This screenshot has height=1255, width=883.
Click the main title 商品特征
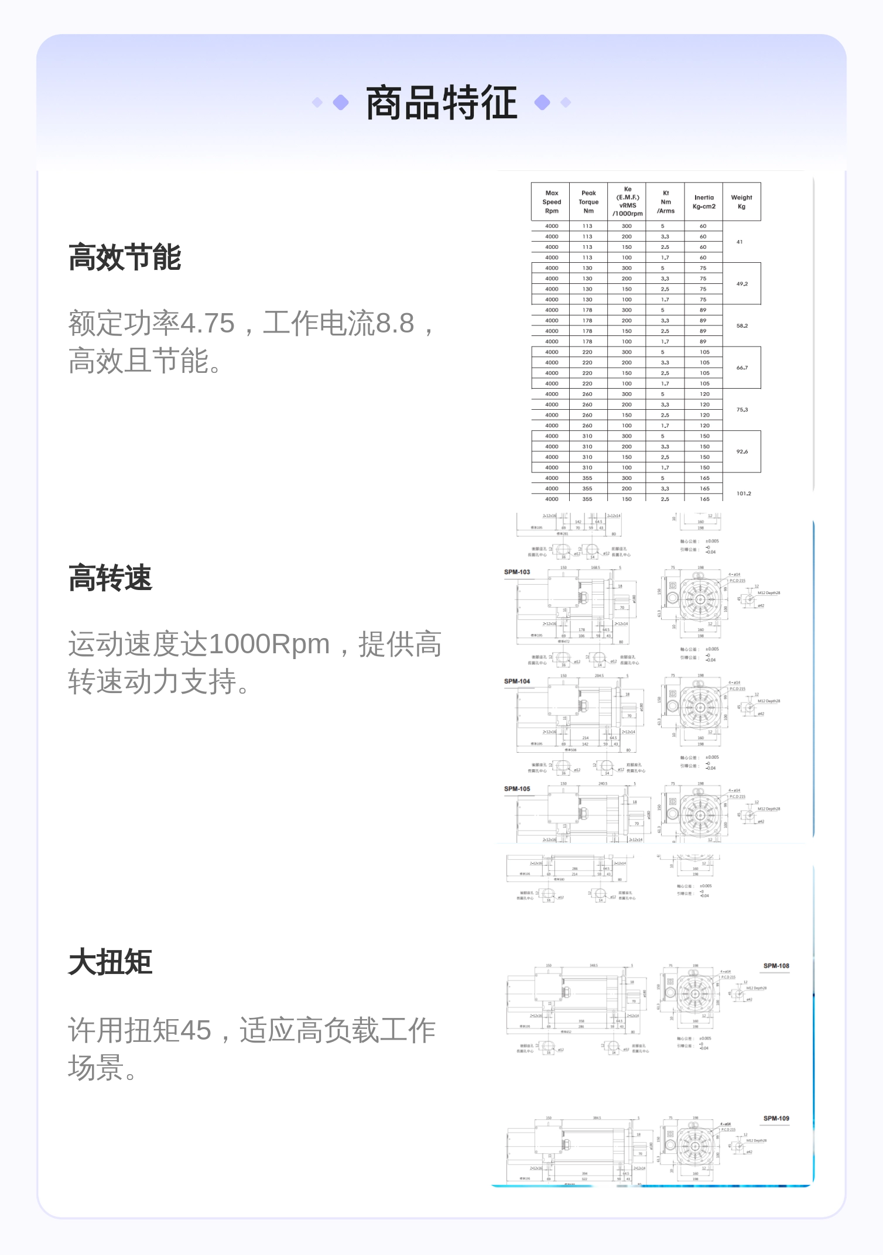[441, 103]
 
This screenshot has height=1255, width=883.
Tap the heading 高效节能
[125, 258]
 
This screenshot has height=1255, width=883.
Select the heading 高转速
[110, 579]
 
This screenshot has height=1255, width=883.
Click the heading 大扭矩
[110, 963]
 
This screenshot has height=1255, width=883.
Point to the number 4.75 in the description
[207, 324]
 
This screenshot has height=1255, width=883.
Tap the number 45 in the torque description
[196, 1030]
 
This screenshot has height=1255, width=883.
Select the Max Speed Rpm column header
[552, 202]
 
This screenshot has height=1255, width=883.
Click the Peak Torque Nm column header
[588, 202]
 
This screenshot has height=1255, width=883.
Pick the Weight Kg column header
[741, 202]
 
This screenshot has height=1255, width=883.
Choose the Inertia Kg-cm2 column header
[704, 202]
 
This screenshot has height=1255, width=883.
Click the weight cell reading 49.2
[742, 284]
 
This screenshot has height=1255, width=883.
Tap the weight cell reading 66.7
[742, 368]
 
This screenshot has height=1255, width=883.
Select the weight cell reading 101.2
[744, 493]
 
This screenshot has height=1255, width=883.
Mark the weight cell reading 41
[740, 242]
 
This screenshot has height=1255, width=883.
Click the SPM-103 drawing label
[517, 572]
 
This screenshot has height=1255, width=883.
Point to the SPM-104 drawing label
[517, 681]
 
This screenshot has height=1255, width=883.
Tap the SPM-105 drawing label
[517, 789]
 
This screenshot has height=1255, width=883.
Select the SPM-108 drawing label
[776, 966]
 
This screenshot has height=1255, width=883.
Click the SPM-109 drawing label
[776, 1119]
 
